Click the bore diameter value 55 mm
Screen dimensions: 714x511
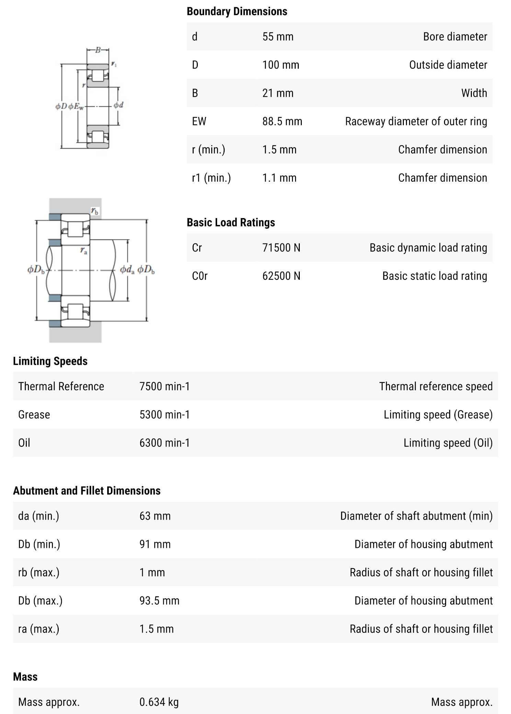point(278,37)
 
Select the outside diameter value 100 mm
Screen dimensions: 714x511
point(281,65)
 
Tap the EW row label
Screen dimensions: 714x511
point(199,121)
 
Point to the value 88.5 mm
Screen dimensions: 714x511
point(282,121)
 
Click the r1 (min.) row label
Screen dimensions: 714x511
point(211,178)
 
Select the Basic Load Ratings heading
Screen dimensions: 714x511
point(231,223)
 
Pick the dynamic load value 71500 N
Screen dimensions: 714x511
point(281,248)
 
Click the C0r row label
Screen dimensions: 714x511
point(200,276)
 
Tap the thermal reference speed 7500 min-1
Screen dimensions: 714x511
point(164,386)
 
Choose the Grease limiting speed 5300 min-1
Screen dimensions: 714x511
point(164,415)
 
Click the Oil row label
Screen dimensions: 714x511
point(24,443)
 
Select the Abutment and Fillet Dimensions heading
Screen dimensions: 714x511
point(87,491)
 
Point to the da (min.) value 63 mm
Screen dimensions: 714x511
point(155,516)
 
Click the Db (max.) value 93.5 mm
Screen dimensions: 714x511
point(159,601)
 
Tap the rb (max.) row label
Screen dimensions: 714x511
point(38,573)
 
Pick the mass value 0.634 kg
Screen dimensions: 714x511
point(159,702)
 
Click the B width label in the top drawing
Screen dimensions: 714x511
point(98,50)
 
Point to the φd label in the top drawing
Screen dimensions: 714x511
point(118,105)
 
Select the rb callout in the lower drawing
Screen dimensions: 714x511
point(95,211)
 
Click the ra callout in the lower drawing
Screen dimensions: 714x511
point(84,251)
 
